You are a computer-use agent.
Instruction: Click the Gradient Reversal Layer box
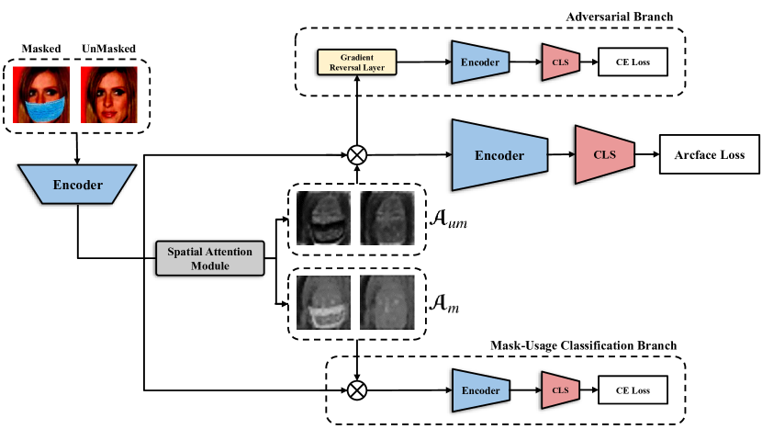[x=356, y=62]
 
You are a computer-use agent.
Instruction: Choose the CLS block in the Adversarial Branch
[x=560, y=62]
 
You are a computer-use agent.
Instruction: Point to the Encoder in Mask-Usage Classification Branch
[x=481, y=390]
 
